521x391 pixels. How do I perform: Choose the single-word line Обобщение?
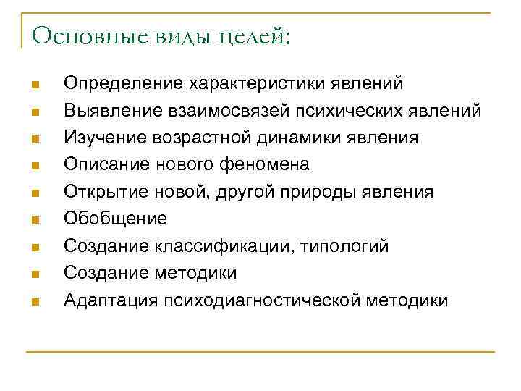(115, 219)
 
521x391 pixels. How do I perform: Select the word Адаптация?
(111, 300)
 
